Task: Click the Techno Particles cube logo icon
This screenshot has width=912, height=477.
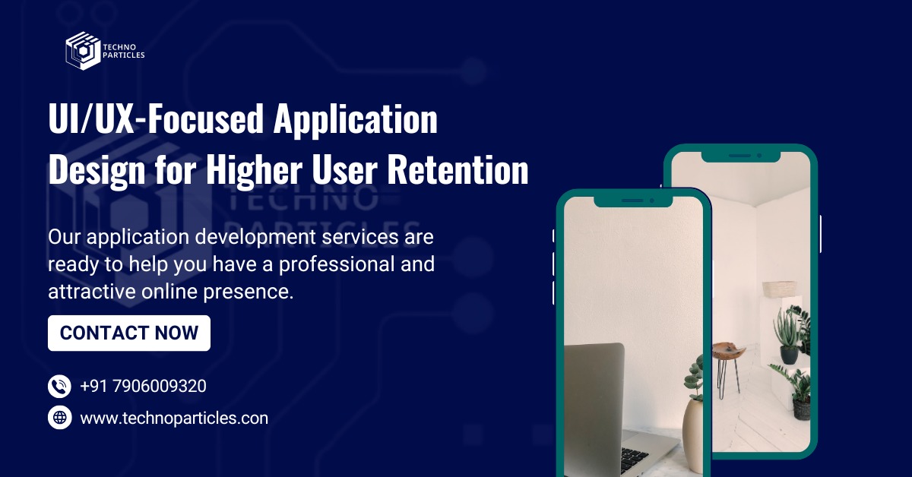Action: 83,50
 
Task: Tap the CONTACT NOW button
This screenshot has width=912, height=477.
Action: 129,333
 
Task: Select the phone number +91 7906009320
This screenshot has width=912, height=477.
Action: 143,386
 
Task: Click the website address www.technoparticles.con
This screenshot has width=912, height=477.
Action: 174,418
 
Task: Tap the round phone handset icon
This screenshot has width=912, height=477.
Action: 59,386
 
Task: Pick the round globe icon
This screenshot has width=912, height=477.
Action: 59,418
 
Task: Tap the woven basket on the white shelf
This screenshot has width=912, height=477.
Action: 780,289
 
